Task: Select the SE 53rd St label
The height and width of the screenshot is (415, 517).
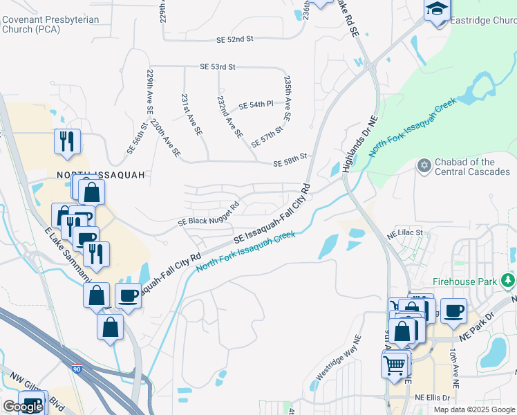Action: tap(218, 67)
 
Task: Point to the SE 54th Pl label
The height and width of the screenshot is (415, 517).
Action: tap(256, 104)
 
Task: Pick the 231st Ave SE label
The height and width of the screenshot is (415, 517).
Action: tap(191, 115)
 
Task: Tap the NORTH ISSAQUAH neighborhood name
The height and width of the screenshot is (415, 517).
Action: tap(101, 175)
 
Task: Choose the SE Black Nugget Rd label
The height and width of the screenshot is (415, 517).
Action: tap(207, 214)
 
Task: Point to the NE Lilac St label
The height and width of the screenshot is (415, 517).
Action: tap(408, 232)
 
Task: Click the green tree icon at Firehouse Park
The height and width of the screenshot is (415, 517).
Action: tap(509, 280)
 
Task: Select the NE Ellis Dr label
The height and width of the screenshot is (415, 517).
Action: tap(433, 398)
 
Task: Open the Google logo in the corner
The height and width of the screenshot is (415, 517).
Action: tap(23, 407)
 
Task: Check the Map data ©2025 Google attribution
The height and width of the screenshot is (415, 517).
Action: tap(474, 409)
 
